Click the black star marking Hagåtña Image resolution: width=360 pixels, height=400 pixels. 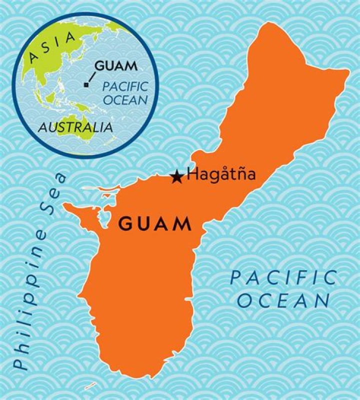(x=176, y=177)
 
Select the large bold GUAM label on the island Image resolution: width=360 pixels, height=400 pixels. (x=155, y=224)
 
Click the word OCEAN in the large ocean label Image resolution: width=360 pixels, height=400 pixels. (x=283, y=301)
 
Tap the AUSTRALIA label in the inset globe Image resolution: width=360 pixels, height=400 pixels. (x=75, y=127)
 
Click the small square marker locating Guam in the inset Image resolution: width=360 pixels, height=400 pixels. (x=86, y=85)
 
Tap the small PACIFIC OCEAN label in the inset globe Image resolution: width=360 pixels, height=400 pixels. (x=125, y=93)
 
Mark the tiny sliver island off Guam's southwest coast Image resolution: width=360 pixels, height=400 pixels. (x=90, y=385)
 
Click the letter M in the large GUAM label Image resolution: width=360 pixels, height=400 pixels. (x=183, y=224)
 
